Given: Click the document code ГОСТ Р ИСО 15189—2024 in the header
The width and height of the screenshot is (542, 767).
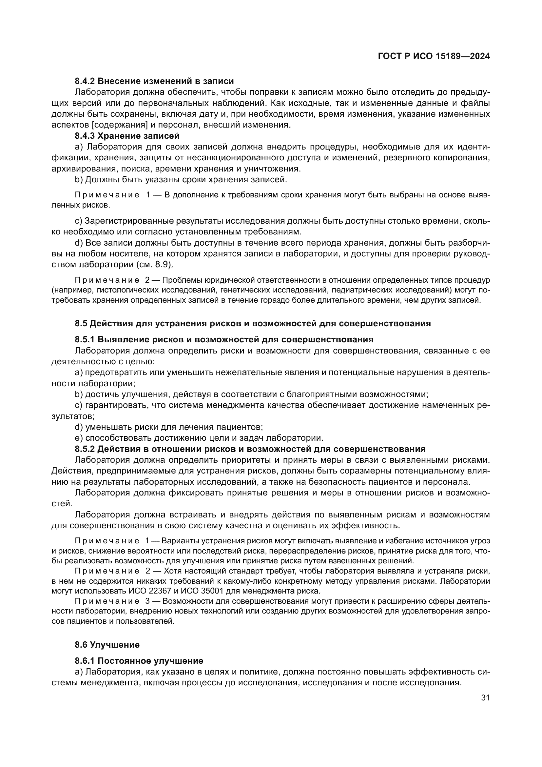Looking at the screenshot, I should click(434, 56).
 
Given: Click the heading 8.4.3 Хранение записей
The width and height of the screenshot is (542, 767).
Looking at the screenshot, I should click(127, 136).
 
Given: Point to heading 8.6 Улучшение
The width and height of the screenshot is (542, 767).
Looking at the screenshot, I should click(107, 645).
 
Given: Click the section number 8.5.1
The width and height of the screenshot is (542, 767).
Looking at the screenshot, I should click(85, 340).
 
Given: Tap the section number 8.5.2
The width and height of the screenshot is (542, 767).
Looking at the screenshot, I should click(85, 449).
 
